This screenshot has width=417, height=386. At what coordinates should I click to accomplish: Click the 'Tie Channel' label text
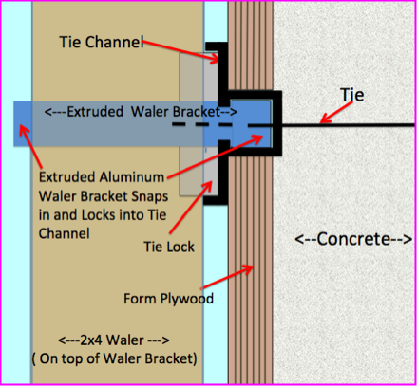[102, 42]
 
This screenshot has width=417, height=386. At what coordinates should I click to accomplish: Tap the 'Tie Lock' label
[169, 247]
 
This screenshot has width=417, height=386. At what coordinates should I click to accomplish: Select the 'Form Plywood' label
[168, 299]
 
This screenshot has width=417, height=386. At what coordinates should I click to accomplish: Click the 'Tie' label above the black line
[352, 95]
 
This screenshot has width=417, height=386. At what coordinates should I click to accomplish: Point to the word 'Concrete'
[353, 239]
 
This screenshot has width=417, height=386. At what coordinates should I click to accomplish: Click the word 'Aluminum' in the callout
[132, 177]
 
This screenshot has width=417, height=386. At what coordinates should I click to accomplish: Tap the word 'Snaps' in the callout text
[150, 196]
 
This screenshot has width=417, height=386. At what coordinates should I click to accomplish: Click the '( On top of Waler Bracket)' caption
[115, 358]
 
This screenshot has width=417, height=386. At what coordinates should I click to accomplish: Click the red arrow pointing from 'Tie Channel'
[180, 50]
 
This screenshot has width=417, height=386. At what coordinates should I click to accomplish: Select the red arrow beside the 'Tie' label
[336, 112]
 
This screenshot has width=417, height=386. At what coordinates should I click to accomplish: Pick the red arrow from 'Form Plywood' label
[227, 277]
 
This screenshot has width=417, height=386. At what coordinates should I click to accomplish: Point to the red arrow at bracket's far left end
[30, 146]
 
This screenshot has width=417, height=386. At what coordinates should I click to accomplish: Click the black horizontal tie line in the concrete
[348, 125]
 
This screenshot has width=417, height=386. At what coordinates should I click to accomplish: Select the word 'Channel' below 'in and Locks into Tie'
[65, 234]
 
